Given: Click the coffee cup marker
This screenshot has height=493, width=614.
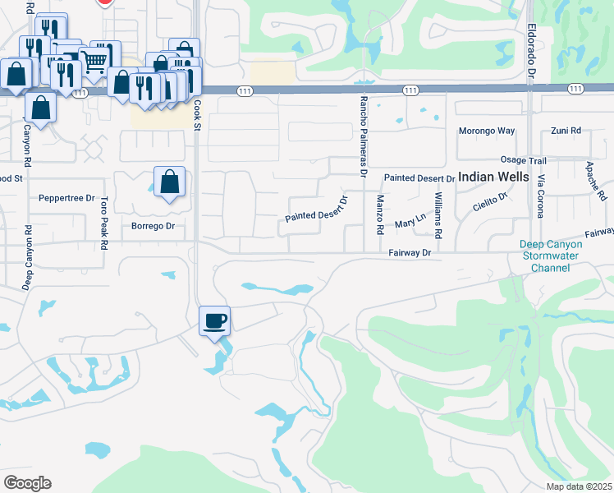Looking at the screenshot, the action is [215, 320].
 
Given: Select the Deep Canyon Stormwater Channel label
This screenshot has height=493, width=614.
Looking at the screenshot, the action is [550, 256].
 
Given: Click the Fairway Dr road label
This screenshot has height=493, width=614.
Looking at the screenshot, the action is [410, 254].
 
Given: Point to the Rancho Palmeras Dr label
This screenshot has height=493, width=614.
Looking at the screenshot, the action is [362, 136].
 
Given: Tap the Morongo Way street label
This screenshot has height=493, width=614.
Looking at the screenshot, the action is [486, 131].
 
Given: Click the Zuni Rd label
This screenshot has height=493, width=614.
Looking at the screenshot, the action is [566, 131].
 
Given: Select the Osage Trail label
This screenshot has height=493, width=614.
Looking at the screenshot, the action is [523, 160].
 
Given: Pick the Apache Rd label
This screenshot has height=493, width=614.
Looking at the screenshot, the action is [595, 181].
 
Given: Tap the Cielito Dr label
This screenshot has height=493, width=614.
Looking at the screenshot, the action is [492, 203].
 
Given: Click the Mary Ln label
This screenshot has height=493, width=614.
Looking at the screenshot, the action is [409, 223].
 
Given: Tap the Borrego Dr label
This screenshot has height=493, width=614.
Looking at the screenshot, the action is [148, 226].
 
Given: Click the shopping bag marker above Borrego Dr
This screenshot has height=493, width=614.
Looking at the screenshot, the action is [169, 182].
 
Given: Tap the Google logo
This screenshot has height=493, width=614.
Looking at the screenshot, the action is [27, 483].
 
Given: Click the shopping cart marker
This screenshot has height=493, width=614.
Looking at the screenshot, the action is [96, 59].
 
